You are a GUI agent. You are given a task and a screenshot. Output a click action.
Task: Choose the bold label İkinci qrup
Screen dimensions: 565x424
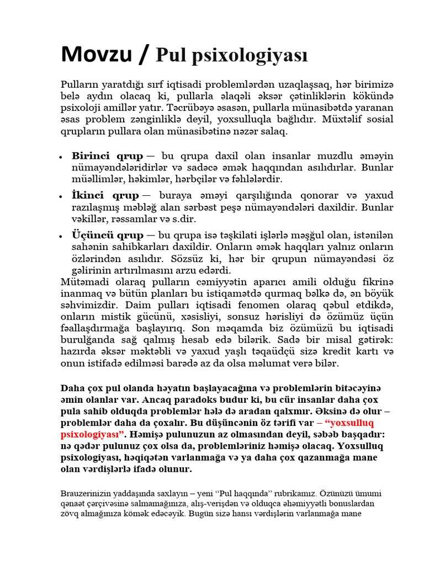pos(105,195)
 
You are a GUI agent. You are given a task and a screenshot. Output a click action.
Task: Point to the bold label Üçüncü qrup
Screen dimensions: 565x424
pos(108,235)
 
